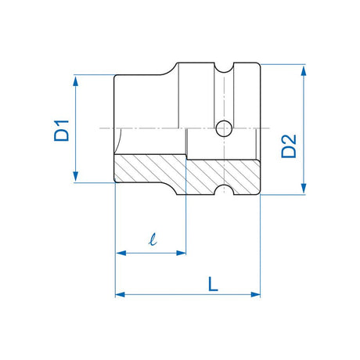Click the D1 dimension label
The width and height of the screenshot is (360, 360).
62,131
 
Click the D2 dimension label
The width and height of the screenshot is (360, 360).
289,146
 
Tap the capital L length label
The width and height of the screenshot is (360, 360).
213,284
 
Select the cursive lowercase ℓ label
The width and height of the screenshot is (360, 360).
153,239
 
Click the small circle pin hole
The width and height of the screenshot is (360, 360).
224,128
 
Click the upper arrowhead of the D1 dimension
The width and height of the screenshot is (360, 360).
76,81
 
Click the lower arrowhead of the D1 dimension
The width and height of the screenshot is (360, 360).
76,177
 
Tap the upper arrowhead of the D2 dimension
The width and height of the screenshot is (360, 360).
304,70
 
